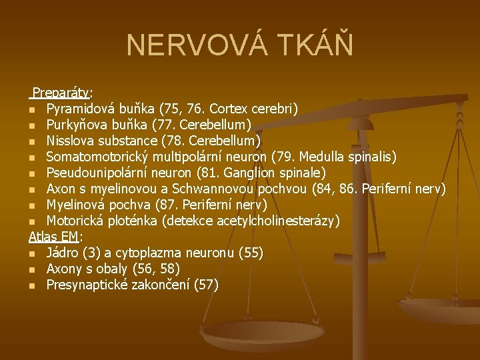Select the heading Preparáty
(62, 92)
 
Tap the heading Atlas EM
(53, 236)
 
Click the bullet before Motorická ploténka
(32, 221)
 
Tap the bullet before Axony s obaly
(32, 269)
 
